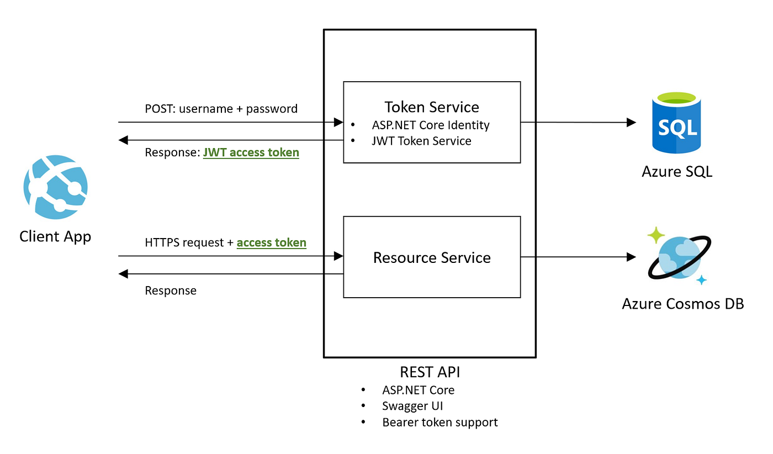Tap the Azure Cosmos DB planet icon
click(678, 257)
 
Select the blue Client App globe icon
click(55, 187)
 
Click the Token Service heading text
click(432, 107)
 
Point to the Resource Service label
click(432, 257)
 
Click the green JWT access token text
click(251, 152)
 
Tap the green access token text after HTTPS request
click(271, 242)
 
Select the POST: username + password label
click(221, 109)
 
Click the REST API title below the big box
click(430, 372)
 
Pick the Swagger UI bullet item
click(412, 406)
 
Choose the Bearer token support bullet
click(440, 423)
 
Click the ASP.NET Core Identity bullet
click(431, 125)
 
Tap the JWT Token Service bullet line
click(421, 141)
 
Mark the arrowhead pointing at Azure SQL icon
click(631, 123)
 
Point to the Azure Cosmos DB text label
click(682, 304)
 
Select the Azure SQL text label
click(677, 171)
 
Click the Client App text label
click(55, 236)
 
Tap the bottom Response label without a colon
click(171, 291)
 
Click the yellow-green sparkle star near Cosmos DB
click(656, 235)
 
